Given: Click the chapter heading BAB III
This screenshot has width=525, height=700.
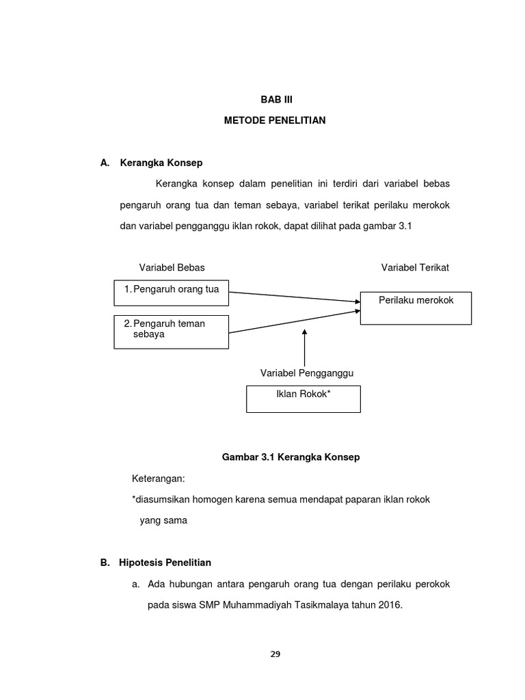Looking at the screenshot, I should [275, 99].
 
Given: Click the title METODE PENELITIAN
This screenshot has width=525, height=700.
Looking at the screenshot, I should [275, 121].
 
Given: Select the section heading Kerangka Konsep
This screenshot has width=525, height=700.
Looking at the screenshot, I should [161, 163].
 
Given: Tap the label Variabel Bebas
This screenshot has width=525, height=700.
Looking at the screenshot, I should [172, 267].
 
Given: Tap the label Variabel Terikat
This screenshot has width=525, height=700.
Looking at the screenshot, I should [415, 267].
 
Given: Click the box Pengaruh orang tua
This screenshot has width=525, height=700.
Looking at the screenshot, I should [171, 291].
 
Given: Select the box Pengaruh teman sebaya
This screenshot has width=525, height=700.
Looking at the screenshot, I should [171, 332].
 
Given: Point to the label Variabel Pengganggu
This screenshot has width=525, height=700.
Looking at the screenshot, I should [307, 373].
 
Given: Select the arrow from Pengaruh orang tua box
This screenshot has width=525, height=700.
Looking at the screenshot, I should [294, 297].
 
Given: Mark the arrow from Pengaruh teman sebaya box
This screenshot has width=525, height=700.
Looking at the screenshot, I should [294, 322].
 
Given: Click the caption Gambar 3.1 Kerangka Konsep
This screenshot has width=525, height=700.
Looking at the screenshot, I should [291, 457].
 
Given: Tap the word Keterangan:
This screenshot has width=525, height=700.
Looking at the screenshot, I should [159, 479].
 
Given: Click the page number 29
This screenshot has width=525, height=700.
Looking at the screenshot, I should [275, 654].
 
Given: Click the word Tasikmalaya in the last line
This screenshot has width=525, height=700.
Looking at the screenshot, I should [337, 605].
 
